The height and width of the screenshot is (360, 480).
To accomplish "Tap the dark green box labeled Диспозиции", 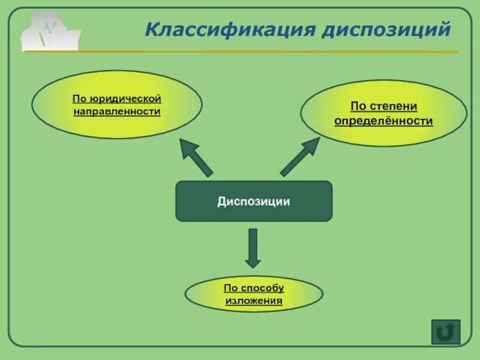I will point(253,201).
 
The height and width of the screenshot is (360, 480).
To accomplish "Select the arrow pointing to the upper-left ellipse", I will point(196,157).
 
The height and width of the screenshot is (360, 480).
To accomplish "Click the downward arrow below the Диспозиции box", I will point(253,248).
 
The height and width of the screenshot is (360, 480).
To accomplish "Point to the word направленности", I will point(116,112).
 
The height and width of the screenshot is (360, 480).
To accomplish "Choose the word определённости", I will point(383,121).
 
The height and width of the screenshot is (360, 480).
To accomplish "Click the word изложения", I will point(254,300).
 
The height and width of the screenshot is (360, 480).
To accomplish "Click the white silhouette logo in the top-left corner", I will point(50,31).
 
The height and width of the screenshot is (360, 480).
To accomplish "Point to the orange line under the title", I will point(300,52).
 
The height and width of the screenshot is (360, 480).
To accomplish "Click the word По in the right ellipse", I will point(358,106).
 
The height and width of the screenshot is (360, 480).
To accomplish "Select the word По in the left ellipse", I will point(79,98).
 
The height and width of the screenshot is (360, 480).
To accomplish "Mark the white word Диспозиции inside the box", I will point(253,202).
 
